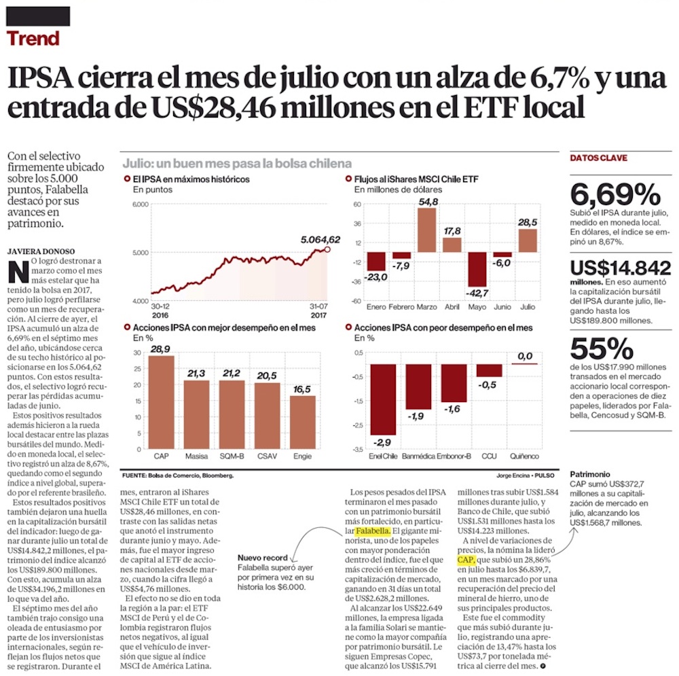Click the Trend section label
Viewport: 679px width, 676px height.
(33, 38)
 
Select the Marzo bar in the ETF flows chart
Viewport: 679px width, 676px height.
(426, 230)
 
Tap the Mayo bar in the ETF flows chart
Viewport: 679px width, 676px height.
(478, 270)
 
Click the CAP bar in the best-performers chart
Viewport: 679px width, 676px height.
(162, 402)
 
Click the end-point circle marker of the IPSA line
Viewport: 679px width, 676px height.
(329, 249)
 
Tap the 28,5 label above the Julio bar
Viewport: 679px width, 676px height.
(528, 222)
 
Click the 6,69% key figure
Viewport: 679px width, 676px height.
(614, 196)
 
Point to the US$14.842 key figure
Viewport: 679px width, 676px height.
(620, 268)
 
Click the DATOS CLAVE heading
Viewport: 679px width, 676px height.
(598, 158)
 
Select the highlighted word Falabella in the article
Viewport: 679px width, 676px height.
(372, 530)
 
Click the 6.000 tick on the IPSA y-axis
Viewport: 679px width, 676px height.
(139, 204)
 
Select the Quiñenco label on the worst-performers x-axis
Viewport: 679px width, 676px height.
(524, 455)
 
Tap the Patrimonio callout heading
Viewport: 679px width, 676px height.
(589, 474)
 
